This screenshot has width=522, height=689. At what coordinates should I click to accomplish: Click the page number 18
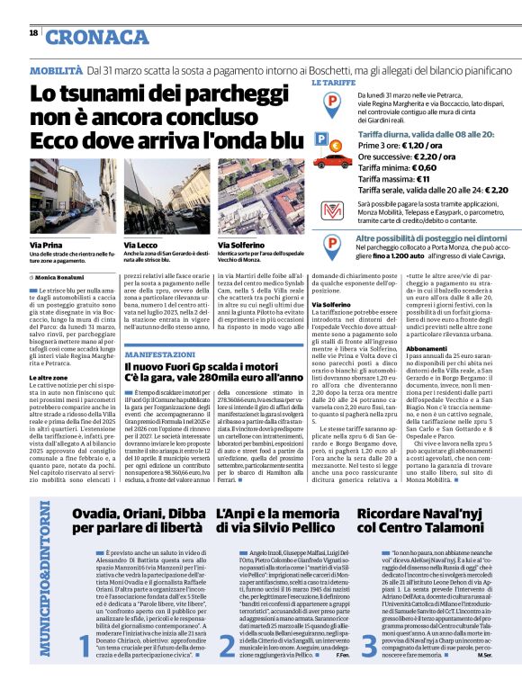[33, 33]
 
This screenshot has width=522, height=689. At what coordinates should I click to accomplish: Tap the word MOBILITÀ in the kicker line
[58, 68]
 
